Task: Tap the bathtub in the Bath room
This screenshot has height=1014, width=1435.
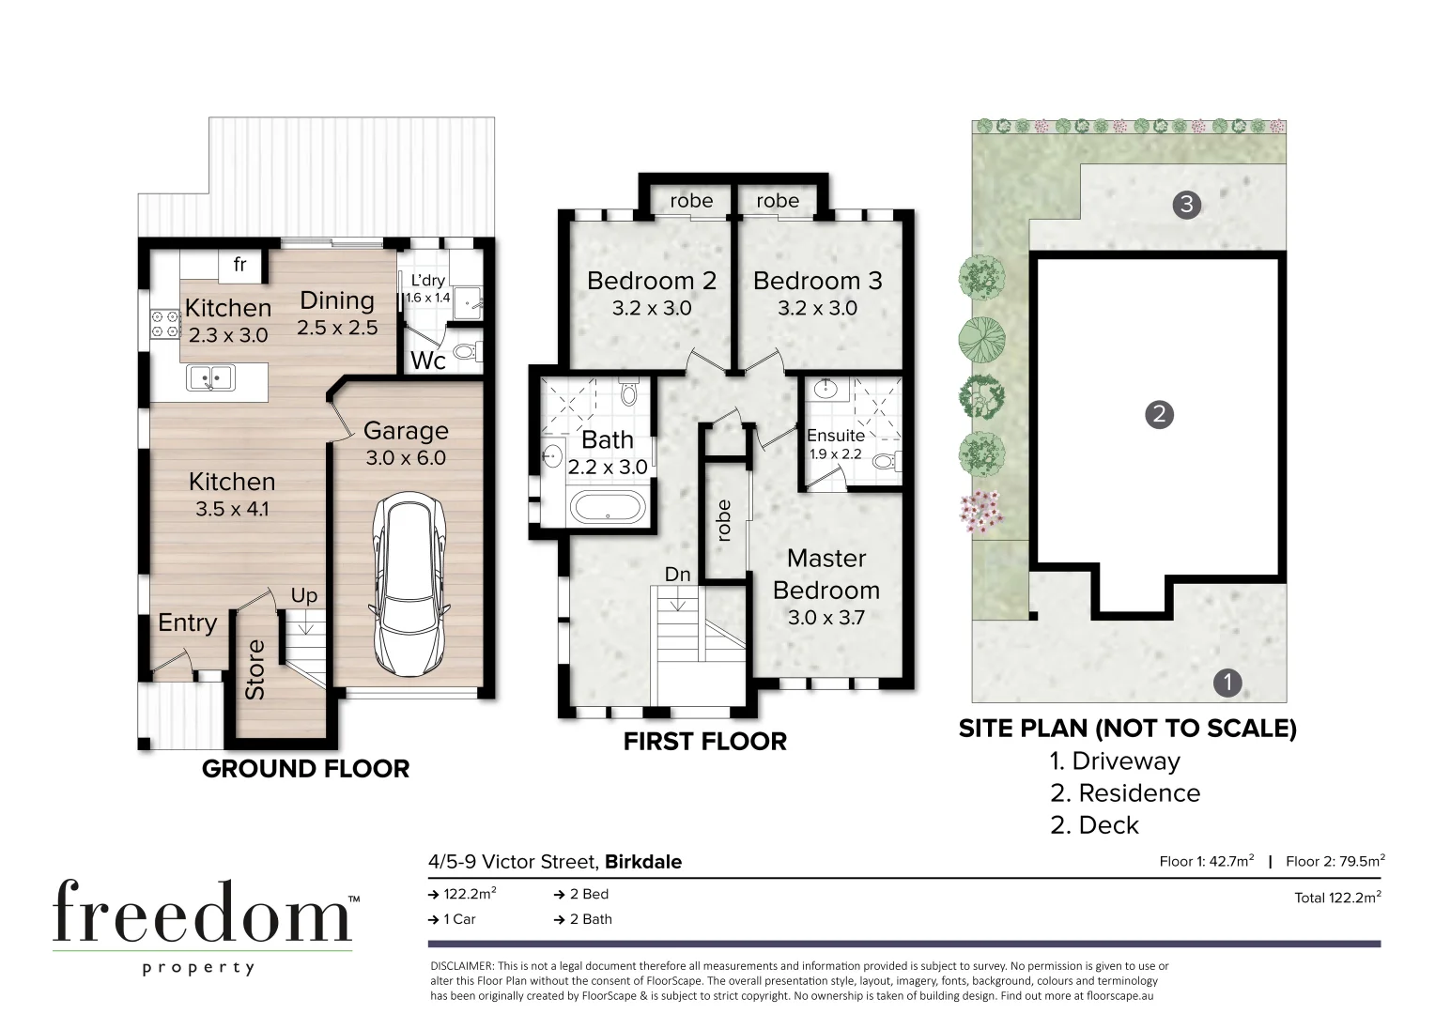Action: [x=609, y=510]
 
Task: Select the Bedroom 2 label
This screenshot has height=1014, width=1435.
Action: [x=651, y=281]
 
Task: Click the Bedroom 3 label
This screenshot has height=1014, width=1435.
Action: [x=817, y=281]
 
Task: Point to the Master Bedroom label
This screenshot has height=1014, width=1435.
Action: [x=826, y=574]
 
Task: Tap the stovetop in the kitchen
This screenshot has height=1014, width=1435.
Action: [x=165, y=325]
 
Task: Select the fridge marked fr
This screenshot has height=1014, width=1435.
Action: [x=239, y=265]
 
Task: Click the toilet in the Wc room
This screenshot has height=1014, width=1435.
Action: [x=465, y=353]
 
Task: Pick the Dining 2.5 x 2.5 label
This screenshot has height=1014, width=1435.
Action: [x=337, y=313]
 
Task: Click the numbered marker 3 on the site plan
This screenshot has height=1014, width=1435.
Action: [x=1187, y=204]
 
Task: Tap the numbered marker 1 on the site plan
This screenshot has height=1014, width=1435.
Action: [x=1227, y=683]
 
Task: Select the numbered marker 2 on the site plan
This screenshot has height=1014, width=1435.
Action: [x=1159, y=414]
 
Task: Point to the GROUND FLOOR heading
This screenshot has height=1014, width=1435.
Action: [x=305, y=769]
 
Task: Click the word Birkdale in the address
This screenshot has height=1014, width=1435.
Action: [x=643, y=862]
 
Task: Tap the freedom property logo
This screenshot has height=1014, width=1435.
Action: [x=202, y=924]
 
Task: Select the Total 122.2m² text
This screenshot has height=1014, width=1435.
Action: [x=1337, y=898]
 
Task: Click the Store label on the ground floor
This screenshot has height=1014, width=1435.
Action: [x=255, y=670]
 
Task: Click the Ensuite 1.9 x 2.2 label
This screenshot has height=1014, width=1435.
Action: [x=836, y=444]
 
